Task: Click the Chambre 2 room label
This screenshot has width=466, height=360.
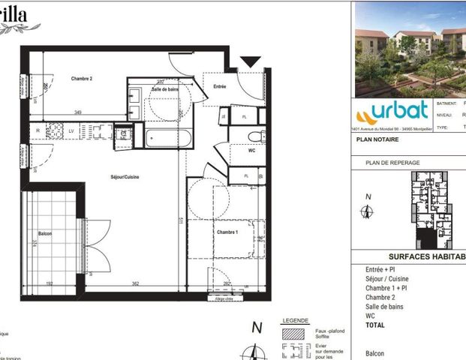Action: [x=82, y=79]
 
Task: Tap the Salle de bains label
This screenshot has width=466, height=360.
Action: [x=164, y=89]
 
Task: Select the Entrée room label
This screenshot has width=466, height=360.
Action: [x=220, y=86]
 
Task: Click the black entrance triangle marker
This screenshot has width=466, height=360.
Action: [x=250, y=61]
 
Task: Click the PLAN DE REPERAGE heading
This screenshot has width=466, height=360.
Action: [x=392, y=163]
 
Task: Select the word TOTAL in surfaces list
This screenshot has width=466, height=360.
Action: [x=376, y=325]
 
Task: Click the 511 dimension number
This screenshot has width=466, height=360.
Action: [x=181, y=220]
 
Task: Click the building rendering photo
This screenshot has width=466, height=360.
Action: [x=410, y=48]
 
